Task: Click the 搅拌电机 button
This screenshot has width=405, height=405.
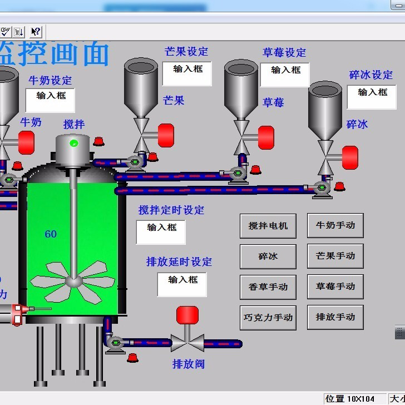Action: click(268, 226)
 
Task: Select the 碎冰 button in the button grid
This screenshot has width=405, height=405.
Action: click(268, 256)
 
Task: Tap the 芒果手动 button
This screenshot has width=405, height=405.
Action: click(335, 256)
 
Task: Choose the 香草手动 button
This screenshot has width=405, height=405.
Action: click(268, 287)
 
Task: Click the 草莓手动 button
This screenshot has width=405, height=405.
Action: click(335, 287)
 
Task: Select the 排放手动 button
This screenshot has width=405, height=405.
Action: click(335, 317)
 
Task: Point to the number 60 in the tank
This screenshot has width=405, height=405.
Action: click(51, 234)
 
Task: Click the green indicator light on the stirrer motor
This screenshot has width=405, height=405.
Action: click(73, 144)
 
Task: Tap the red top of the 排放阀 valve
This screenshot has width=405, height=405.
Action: click(187, 315)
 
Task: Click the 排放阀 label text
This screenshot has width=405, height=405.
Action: click(190, 364)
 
